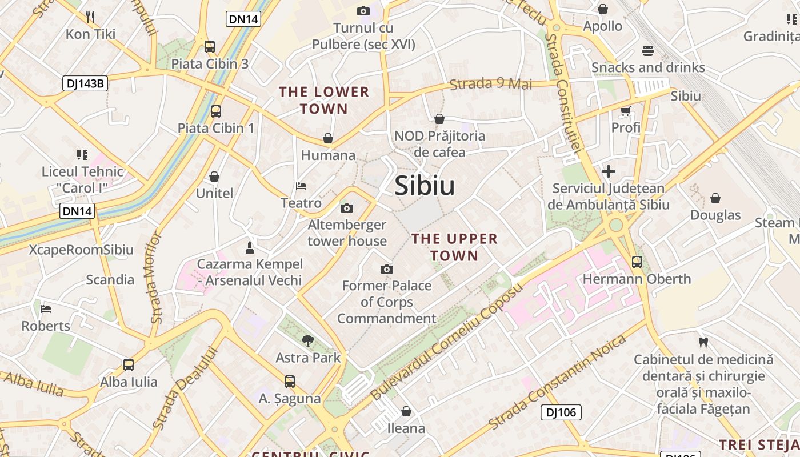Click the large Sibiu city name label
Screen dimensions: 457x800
click(425, 186)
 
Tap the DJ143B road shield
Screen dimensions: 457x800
click(85, 83)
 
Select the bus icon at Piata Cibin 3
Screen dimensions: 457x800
click(210, 47)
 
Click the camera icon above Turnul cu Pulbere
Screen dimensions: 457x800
click(363, 11)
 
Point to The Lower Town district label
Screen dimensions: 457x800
click(324, 100)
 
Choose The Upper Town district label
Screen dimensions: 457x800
click(455, 247)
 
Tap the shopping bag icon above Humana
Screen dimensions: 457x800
click(328, 138)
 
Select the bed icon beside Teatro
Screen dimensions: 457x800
click(301, 186)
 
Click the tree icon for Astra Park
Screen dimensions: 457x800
click(308, 341)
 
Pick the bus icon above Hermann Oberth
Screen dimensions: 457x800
click(637, 262)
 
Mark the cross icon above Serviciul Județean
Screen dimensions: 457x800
click(609, 171)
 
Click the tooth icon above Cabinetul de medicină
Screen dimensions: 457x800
click(703, 343)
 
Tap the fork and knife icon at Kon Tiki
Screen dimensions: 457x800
click(90, 16)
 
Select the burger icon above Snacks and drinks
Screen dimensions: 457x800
click(647, 51)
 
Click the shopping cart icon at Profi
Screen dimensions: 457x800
click(626, 111)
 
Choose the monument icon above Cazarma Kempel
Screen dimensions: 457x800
click(249, 247)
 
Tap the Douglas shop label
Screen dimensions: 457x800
click(715, 215)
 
